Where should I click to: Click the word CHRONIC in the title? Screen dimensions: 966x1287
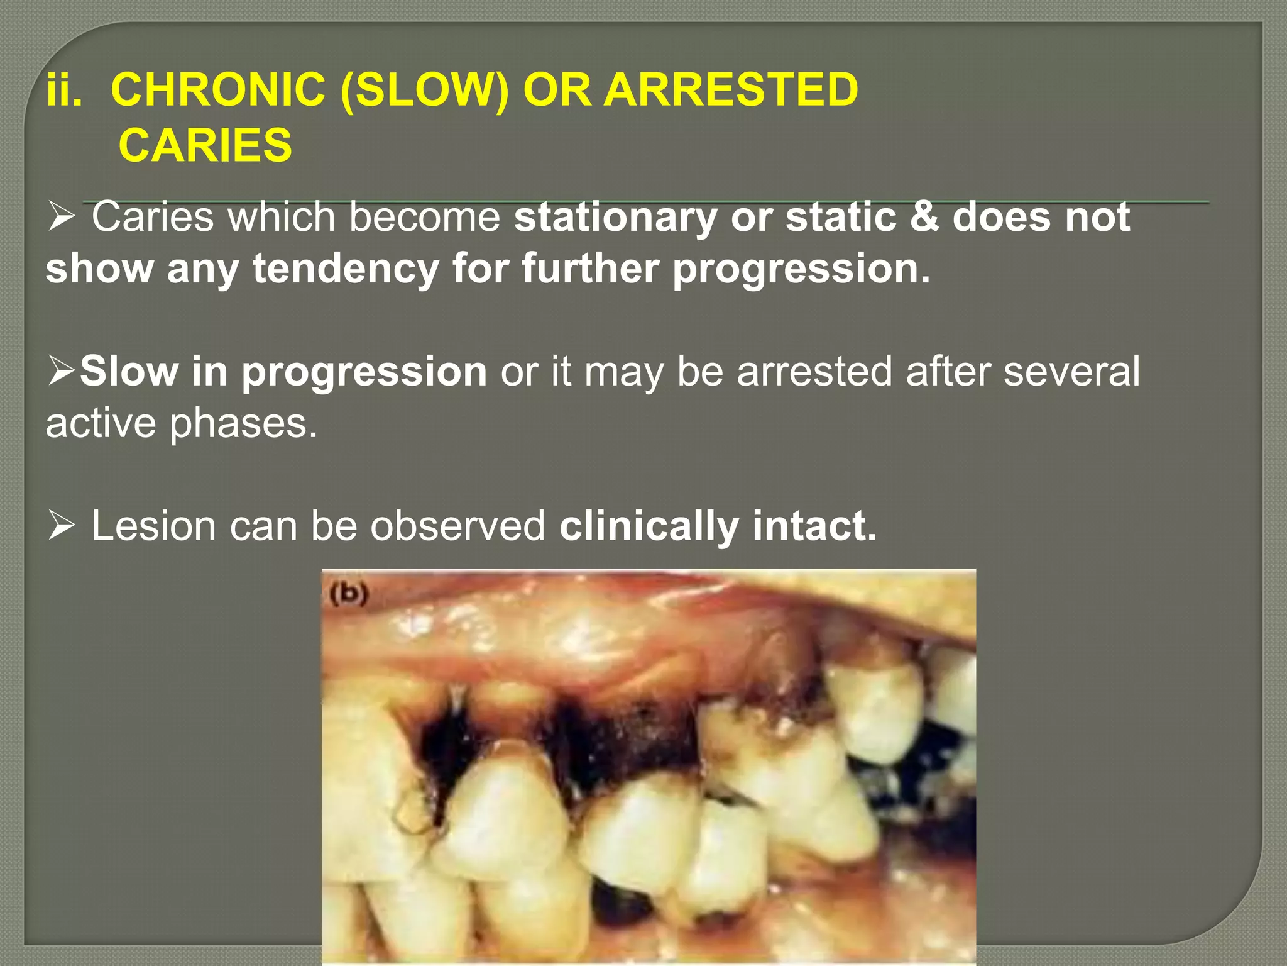(217, 89)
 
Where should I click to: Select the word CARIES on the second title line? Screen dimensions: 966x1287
(205, 145)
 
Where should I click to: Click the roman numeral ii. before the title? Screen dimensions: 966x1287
(64, 89)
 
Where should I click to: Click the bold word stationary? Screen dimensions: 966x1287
(615, 217)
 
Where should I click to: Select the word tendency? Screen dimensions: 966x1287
(346, 269)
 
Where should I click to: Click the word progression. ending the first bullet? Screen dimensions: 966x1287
(801, 269)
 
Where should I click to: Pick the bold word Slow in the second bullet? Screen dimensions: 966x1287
(129, 371)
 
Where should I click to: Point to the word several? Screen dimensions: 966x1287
(1071, 371)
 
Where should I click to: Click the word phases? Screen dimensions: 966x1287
(244, 423)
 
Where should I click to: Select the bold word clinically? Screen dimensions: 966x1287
(649, 526)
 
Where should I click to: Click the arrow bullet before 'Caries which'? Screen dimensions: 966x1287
(62, 218)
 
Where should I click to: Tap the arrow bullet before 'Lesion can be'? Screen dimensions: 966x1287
(62, 526)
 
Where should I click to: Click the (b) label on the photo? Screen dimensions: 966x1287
(349, 594)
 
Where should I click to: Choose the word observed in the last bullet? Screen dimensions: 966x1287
(457, 526)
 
